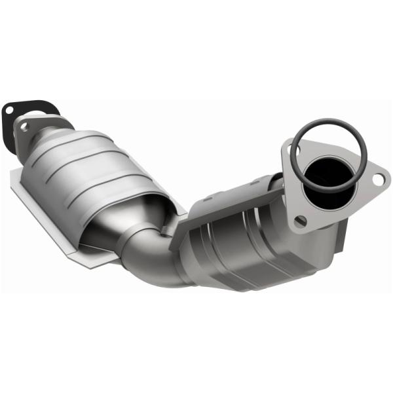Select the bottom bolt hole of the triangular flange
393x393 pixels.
pyautogui.click(x=300, y=221)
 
